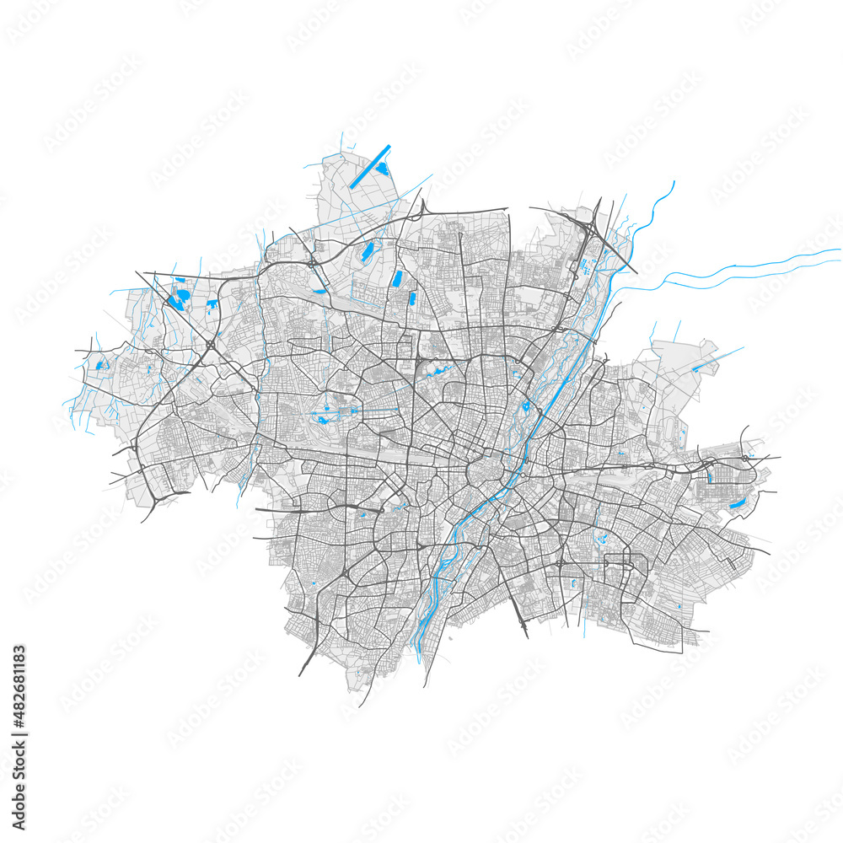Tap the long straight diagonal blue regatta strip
coord(370,166)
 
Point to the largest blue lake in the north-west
coord(180,298)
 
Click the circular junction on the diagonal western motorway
coord(209,345)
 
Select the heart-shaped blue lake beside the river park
coord(526,406)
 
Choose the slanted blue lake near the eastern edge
coord(737,504)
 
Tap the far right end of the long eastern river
coord(840,250)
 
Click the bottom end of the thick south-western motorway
coord(299,674)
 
